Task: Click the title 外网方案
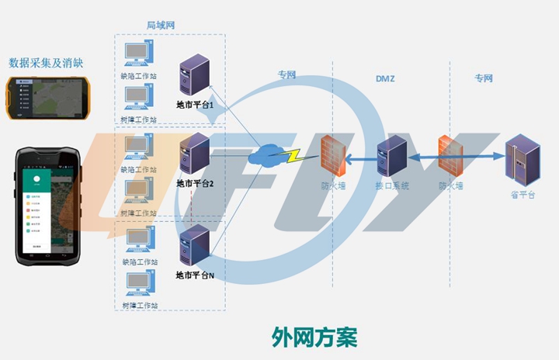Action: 314,337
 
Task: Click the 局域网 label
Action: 161,26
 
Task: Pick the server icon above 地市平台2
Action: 194,153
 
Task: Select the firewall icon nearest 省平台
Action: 450,155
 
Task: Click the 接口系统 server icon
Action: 391,156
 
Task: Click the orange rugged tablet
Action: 45,96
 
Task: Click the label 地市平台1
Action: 195,104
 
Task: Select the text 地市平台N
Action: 195,275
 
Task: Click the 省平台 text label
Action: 521,194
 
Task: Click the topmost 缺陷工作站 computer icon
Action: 139,53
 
